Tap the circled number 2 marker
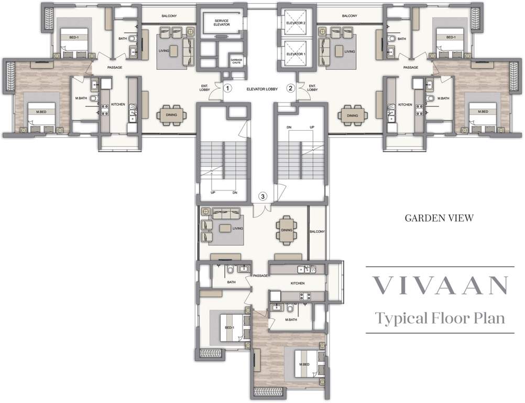pos(290,89)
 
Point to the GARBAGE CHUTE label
pos(236,62)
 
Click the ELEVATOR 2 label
pos(297,23)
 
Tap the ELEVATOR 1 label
pos(297,54)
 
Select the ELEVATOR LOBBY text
pos(262,89)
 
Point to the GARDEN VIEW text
pos(439,218)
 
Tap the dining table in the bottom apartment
pos(286,230)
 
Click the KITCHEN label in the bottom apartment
pos(298,284)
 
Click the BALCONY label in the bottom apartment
pos(318,231)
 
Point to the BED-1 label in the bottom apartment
pos(229,328)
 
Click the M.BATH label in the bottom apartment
pos(292,320)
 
